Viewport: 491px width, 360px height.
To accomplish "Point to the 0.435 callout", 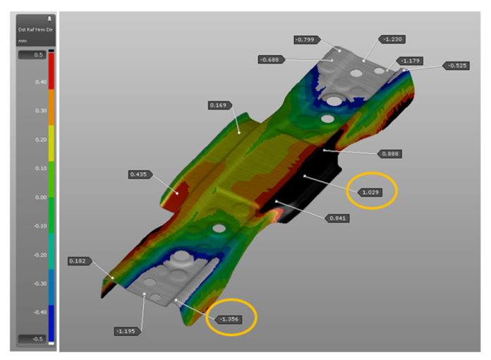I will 138,174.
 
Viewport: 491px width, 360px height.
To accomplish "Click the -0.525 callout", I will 455,66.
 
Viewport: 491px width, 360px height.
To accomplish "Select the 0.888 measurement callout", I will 390,153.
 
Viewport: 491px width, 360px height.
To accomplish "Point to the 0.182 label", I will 78,261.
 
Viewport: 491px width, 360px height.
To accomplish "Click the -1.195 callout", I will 126,330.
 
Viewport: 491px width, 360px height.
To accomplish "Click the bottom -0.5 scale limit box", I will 32,339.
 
